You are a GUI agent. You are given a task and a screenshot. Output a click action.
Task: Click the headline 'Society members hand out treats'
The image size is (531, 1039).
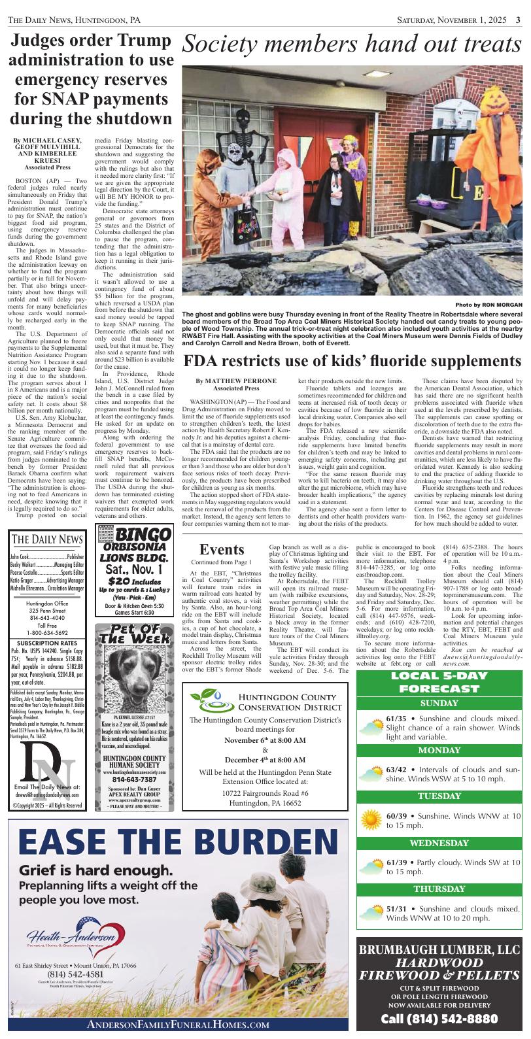tap(353, 44)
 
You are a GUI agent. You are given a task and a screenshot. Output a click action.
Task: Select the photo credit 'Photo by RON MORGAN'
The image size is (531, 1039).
tap(488, 305)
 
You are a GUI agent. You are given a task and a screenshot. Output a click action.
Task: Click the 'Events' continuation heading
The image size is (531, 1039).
tap(222, 549)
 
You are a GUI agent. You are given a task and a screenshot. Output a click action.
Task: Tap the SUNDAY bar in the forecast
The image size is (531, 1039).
tap(439, 704)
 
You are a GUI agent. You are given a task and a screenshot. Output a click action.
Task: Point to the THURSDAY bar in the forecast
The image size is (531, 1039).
tap(439, 889)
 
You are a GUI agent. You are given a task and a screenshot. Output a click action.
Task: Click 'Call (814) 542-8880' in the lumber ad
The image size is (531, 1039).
tap(439, 1019)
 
